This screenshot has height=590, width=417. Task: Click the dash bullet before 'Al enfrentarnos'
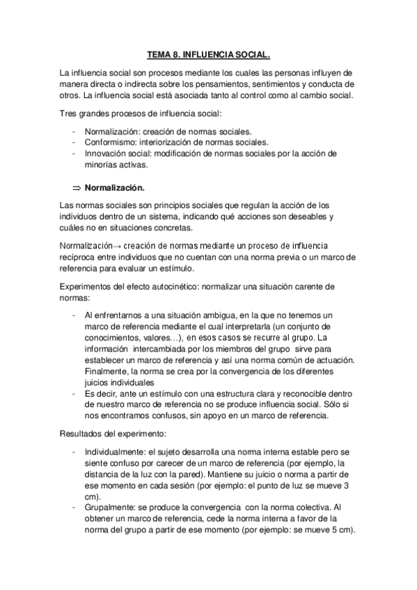pos(74,314)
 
